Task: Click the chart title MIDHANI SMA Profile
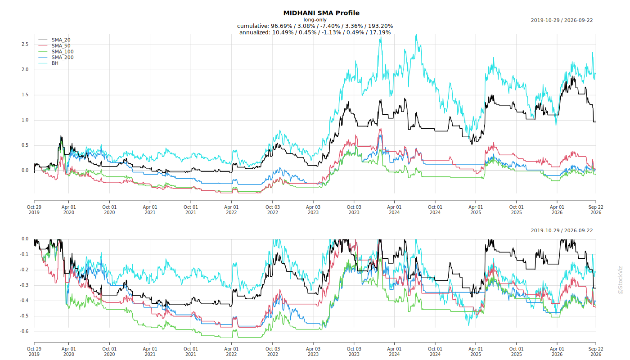pyautogui.click(x=321, y=13)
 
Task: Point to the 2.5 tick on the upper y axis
pyautogui.click(x=25, y=44)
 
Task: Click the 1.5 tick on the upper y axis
pyautogui.click(x=25, y=95)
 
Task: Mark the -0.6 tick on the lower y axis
pyautogui.click(x=24, y=331)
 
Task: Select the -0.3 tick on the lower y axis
pyautogui.click(x=24, y=285)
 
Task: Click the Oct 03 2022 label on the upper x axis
pyautogui.click(x=273, y=210)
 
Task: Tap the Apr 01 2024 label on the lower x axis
pyautogui.click(x=394, y=351)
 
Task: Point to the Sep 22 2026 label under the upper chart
pyautogui.click(x=596, y=210)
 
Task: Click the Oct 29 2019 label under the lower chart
pyautogui.click(x=34, y=351)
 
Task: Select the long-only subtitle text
pyautogui.click(x=315, y=20)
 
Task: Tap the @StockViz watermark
pyautogui.click(x=621, y=280)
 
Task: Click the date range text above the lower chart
pyautogui.click(x=562, y=230)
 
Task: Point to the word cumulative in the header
pyautogui.click(x=253, y=26)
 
